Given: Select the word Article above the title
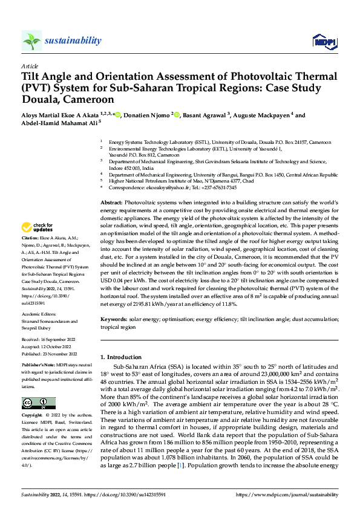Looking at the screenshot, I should point(30,66).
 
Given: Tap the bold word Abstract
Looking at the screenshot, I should point(111,202).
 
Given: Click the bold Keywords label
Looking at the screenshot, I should point(113,318).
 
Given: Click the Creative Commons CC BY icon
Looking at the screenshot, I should point(39,403).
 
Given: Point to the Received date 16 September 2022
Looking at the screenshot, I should point(48,340).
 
